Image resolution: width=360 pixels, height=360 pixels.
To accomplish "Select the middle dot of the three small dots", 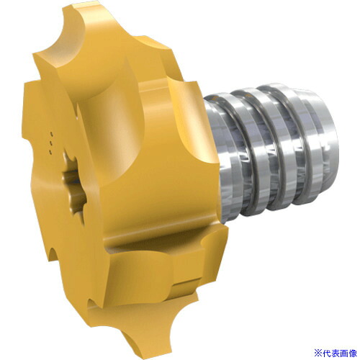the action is (51, 143).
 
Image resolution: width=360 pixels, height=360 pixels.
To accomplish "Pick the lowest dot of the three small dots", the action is (50, 152).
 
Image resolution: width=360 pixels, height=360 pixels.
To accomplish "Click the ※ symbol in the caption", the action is (318, 353).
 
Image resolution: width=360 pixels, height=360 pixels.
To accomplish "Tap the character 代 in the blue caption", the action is (326, 353).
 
